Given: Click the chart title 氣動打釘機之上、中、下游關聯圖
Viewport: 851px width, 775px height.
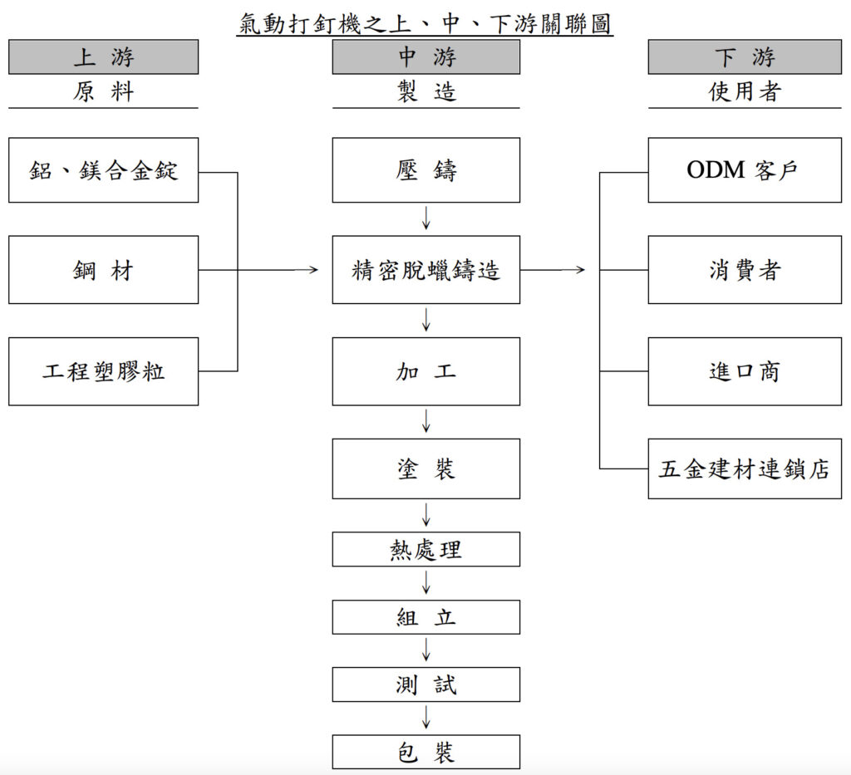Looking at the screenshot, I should [x=425, y=22].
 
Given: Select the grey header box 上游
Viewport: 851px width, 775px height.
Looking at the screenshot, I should [x=103, y=56].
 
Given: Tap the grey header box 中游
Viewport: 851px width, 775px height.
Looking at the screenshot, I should [x=425, y=56].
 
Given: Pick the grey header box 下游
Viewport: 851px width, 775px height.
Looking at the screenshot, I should [x=744, y=56].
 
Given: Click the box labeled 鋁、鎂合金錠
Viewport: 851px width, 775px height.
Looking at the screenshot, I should [x=103, y=170].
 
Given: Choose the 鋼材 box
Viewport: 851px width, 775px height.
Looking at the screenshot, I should [x=103, y=270].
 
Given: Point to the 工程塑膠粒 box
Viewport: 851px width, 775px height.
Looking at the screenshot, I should [x=103, y=371].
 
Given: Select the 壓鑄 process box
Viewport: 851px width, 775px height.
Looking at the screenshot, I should [x=425, y=170].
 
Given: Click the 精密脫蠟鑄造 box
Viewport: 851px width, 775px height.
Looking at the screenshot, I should [x=425, y=270].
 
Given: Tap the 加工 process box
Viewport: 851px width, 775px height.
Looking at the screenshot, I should [x=425, y=371].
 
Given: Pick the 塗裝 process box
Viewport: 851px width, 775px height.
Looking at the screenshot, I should [x=425, y=469].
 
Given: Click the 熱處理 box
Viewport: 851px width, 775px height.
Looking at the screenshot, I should [x=425, y=549].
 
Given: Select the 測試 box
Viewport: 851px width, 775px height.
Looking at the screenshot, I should [x=425, y=684].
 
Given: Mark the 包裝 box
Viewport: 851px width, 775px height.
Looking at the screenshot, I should [x=425, y=752].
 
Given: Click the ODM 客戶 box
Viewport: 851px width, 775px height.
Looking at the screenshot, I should [x=744, y=170].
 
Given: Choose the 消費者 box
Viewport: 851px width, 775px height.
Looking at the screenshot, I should [x=744, y=270].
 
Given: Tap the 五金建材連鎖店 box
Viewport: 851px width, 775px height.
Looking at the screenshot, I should [x=744, y=469].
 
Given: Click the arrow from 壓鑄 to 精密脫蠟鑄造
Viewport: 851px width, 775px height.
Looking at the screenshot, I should [x=425, y=218].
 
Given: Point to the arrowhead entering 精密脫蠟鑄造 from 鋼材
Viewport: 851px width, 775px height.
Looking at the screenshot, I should [x=313, y=270].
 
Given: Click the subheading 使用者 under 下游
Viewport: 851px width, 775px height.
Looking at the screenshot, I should [x=744, y=91].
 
